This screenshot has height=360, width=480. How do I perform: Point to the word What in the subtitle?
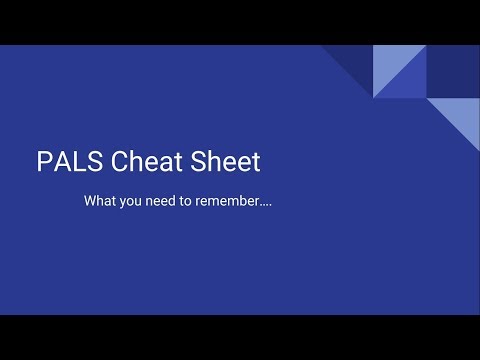pyautogui.click(x=101, y=201)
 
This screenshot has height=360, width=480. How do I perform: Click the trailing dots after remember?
pyautogui.click(x=267, y=204)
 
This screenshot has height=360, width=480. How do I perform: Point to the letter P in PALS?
pyautogui.click(x=42, y=161)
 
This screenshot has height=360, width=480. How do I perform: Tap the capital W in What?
pyautogui.click(x=91, y=201)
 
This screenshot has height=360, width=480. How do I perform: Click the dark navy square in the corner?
pyautogui.click(x=452, y=72)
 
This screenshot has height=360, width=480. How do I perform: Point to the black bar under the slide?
pyautogui.click(x=240, y=337)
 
